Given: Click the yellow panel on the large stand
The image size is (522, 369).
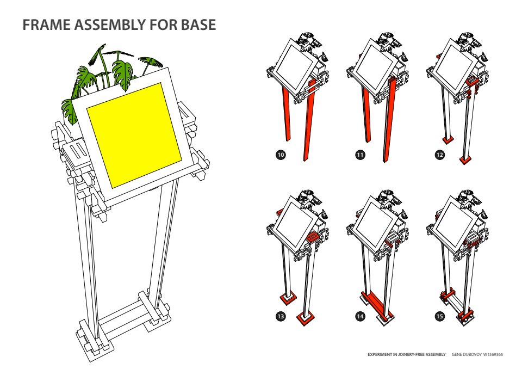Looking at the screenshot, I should point(134,133).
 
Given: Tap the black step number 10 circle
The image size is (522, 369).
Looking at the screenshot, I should point(281,155).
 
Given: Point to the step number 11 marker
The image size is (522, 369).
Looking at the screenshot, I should point(360,155).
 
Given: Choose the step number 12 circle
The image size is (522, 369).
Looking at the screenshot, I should point(439,155).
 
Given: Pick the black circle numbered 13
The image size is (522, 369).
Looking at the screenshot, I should point(281,316).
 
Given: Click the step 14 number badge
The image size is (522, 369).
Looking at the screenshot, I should point(360,316).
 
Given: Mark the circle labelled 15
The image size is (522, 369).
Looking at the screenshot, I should point(439,316).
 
